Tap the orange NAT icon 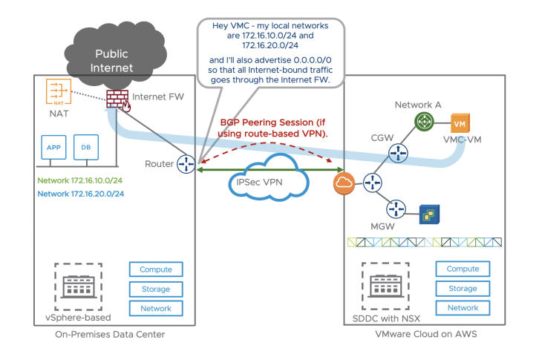(x=57, y=94)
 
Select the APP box (x=53, y=148)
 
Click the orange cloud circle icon (x=344, y=183)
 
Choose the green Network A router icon (x=424, y=122)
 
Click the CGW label (x=383, y=137)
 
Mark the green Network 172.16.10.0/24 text (x=80, y=180)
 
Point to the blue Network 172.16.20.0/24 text (x=80, y=193)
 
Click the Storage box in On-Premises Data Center (x=156, y=289)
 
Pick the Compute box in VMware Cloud (x=463, y=269)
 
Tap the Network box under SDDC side (x=463, y=307)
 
